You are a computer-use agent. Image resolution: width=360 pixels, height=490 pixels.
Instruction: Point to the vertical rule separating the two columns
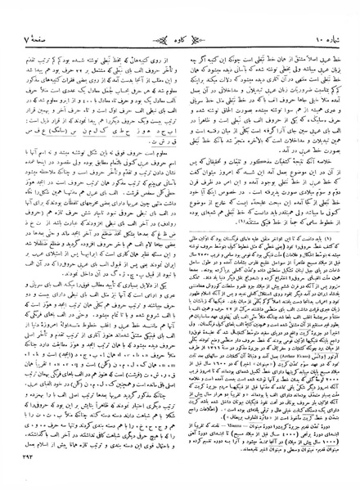tap(180, 245)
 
